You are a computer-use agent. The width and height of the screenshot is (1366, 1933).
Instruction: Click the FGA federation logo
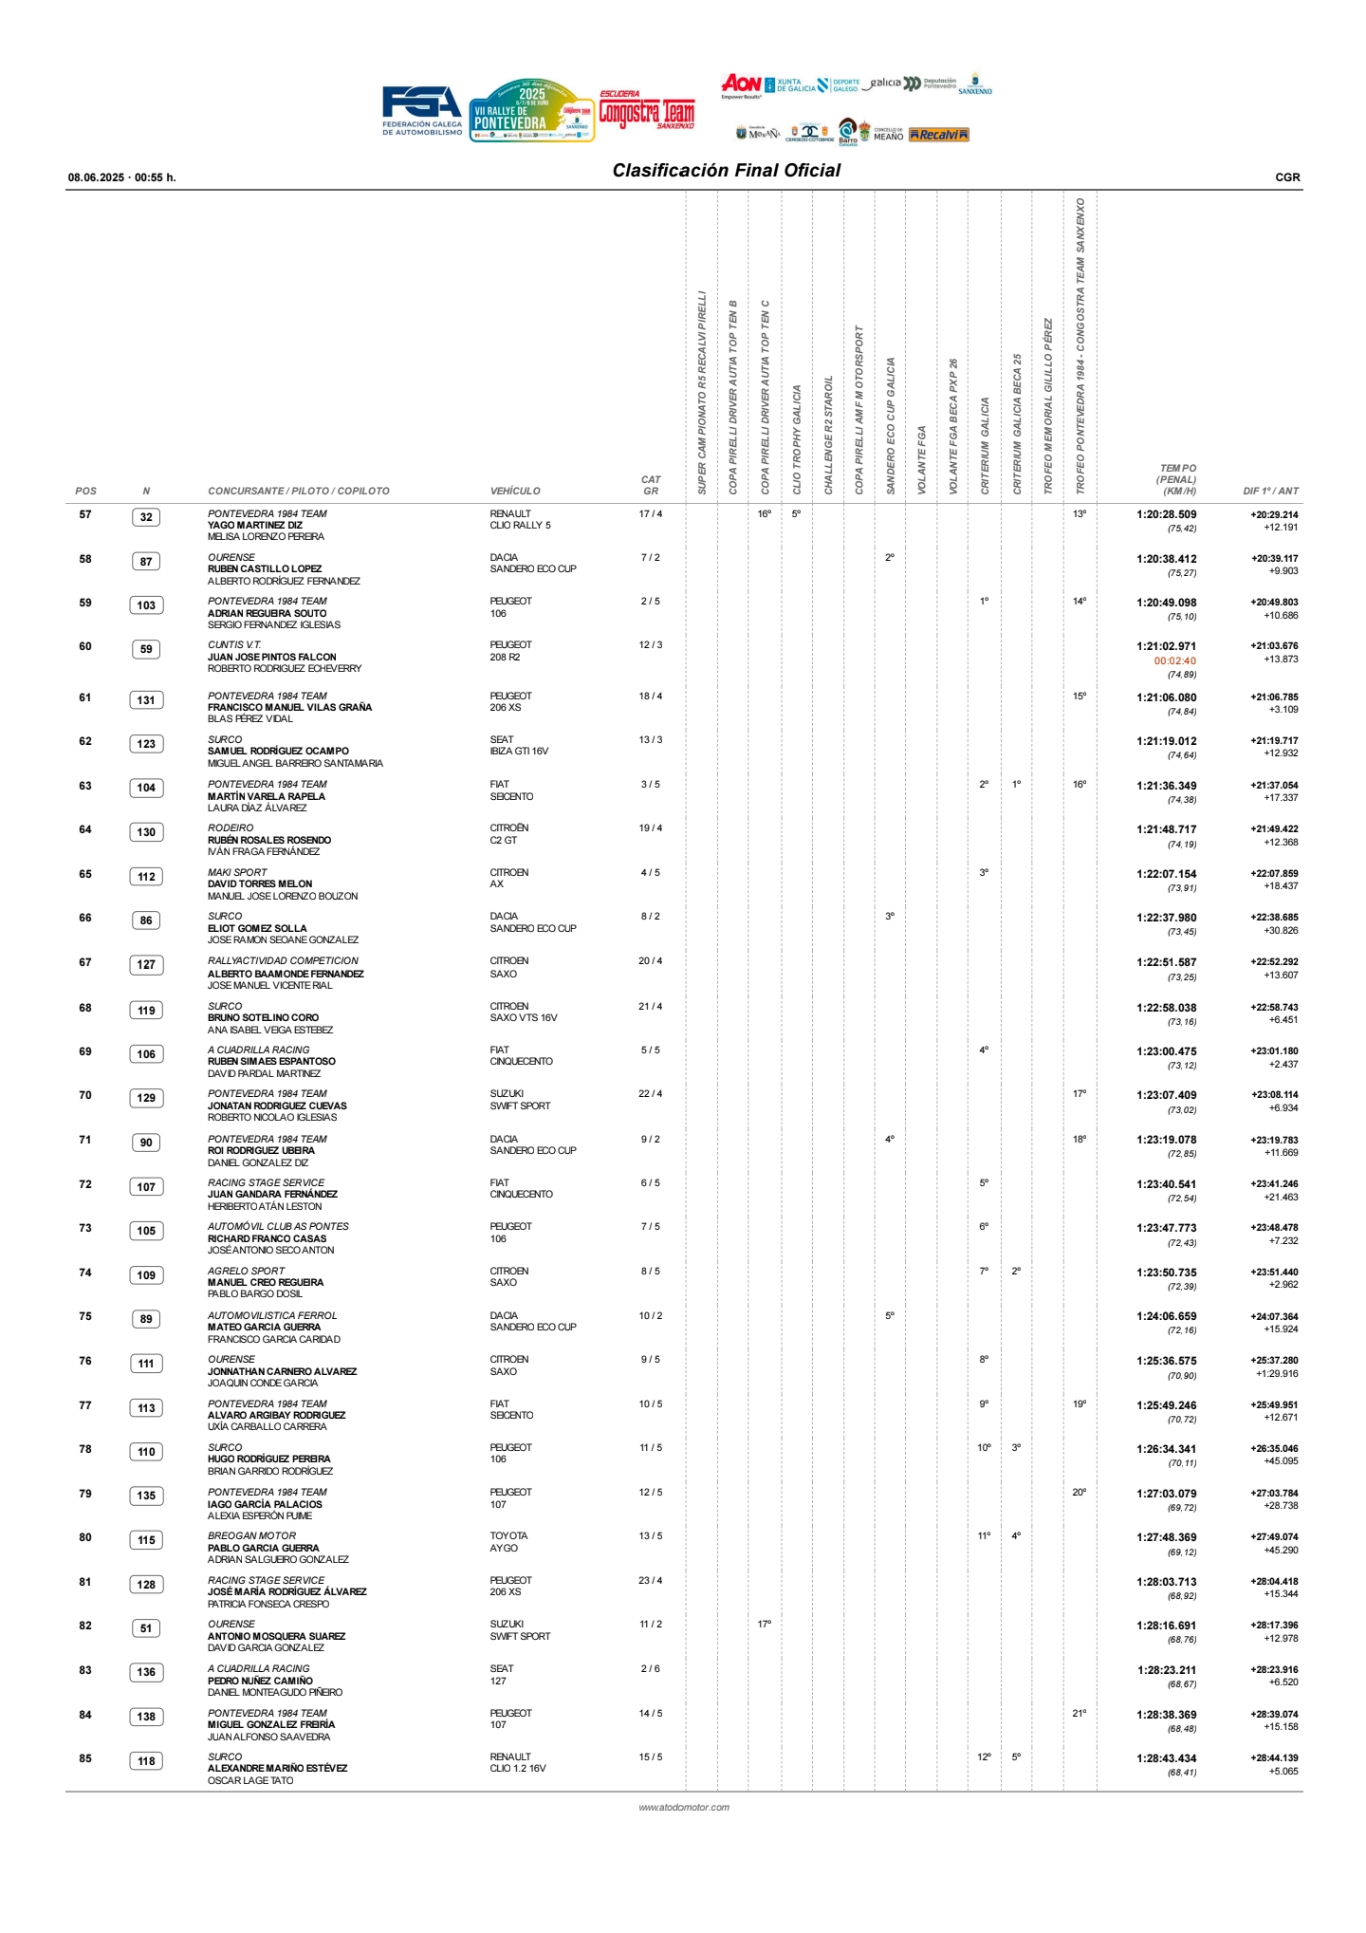pyautogui.click(x=422, y=110)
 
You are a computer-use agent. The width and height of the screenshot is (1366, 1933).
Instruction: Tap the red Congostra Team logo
pyautogui.click(x=646, y=112)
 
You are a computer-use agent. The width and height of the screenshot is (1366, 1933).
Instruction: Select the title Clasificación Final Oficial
pyautogui.click(x=726, y=171)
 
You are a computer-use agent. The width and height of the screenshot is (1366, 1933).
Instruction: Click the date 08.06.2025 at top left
pyautogui.click(x=96, y=177)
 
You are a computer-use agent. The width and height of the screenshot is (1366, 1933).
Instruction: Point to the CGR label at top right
pyautogui.click(x=1287, y=177)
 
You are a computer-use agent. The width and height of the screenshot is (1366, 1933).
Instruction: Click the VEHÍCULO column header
pyautogui.click(x=515, y=492)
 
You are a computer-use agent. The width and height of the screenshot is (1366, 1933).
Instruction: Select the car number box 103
pyautogui.click(x=146, y=605)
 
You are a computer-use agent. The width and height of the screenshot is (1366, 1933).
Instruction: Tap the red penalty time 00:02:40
pyautogui.click(x=1174, y=661)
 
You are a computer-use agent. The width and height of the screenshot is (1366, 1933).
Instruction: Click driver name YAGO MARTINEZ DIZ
pyautogui.click(x=255, y=526)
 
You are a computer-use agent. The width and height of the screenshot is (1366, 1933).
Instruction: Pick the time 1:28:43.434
pyautogui.click(x=1166, y=1758)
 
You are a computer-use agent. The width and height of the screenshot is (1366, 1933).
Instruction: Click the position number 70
pyautogui.click(x=85, y=1095)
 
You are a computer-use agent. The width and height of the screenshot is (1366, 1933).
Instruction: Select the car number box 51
pyautogui.click(x=146, y=1628)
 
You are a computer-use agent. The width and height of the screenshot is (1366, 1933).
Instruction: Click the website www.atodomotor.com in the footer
pyautogui.click(x=684, y=1808)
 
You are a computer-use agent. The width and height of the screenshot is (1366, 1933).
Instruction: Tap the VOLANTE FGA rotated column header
pyautogui.click(x=922, y=459)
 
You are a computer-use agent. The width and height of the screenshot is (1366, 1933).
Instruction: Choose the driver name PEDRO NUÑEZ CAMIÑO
pyautogui.click(x=260, y=1681)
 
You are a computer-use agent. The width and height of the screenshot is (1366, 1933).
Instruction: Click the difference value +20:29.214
pyautogui.click(x=1274, y=514)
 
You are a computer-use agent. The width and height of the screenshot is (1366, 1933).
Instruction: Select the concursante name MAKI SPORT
pyautogui.click(x=237, y=872)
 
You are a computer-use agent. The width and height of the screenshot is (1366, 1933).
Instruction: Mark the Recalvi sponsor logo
pyautogui.click(x=938, y=135)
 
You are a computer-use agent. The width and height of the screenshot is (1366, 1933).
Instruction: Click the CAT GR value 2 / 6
pyautogui.click(x=651, y=1668)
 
